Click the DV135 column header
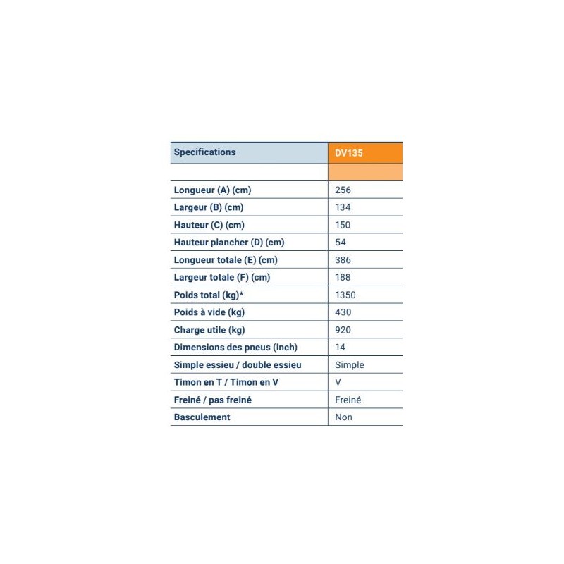pos(349,152)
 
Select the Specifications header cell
pos(205,152)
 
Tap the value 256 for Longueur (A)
pos(343,190)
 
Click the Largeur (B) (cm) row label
pos(209,207)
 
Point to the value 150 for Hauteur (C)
pos(343,225)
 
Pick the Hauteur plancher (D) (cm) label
pos(229,243)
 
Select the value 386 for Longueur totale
pos(343,260)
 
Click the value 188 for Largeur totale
pos(343,278)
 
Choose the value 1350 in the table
pos(345,295)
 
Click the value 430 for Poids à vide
pos(343,312)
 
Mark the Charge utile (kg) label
pos(209,330)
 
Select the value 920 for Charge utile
pos(343,330)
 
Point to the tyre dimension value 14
pos(341,348)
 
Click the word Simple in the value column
pos(350,365)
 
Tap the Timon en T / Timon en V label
pos(226,382)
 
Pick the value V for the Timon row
pos(338,382)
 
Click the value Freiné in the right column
pos(348,400)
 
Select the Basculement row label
pos(202,417)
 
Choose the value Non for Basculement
pos(344,417)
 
